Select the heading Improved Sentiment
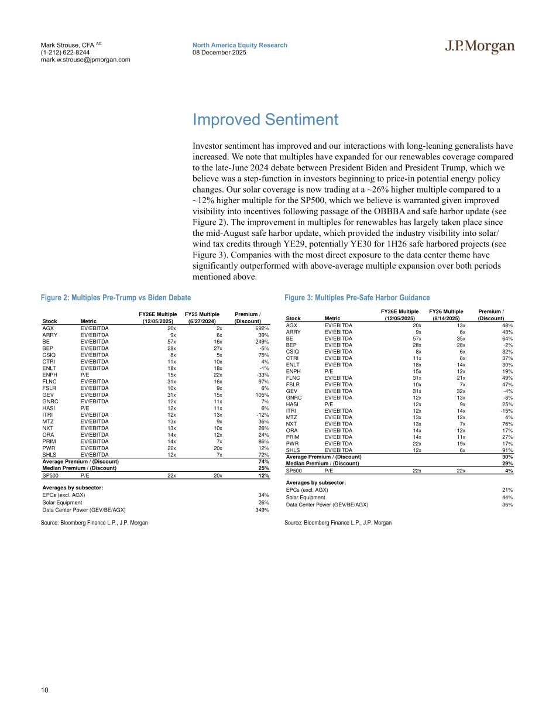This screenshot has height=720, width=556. click(265, 120)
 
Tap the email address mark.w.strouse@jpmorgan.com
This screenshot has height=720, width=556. click(85, 60)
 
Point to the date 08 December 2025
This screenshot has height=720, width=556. click(219, 53)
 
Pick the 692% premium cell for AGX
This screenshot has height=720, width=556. click(262, 329)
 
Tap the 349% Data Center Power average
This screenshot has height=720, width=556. click(262, 510)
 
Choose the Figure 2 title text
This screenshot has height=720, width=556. click(116, 298)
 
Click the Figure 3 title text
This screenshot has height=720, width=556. click(357, 298)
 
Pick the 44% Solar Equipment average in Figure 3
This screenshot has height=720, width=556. click(507, 497)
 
